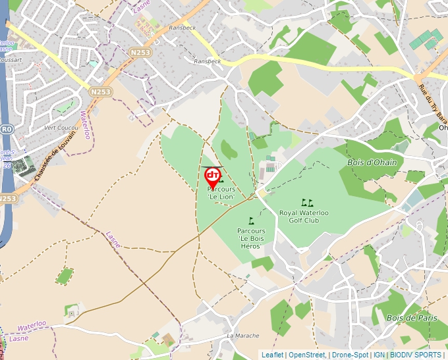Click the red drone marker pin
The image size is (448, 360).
click(x=213, y=176)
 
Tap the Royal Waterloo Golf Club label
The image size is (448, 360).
click(x=304, y=217)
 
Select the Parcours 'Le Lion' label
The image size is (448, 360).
click(x=221, y=193)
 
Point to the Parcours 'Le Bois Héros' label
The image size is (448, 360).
click(x=251, y=238)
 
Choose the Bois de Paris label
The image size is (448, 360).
click(x=412, y=318)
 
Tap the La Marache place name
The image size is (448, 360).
click(x=243, y=336)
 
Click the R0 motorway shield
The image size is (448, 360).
click(x=7, y=130)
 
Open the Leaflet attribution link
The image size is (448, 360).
click(x=272, y=355)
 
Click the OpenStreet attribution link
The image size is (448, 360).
click(x=307, y=355)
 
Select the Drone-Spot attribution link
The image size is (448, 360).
click(x=350, y=355)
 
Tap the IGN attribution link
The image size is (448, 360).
click(x=379, y=355)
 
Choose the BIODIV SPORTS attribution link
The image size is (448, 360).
click(x=415, y=355)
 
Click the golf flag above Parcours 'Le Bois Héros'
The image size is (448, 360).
click(x=251, y=220)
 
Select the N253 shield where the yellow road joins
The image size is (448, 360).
click(x=139, y=52)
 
